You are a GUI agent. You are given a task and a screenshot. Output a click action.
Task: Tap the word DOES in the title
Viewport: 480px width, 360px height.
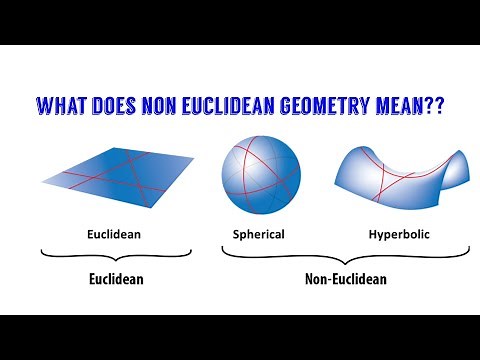[120, 105]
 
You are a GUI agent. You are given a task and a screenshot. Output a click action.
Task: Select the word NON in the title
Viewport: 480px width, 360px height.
[169, 105]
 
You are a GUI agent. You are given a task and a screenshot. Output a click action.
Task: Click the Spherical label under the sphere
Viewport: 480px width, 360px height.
[259, 234]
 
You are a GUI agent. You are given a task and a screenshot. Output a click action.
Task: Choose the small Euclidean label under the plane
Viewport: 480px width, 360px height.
[111, 234]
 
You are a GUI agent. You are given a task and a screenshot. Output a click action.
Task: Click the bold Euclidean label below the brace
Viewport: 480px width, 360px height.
[111, 279]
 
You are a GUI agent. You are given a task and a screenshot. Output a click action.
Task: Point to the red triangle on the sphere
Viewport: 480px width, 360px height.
[262, 168]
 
